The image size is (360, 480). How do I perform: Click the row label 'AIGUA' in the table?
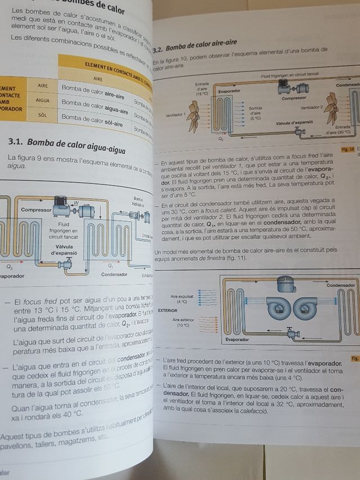pos(43,100)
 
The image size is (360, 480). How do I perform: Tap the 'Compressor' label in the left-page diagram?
pos(36,210)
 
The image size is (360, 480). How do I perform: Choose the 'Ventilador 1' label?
pos(175,114)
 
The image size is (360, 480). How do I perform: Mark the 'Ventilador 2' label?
pos(312,106)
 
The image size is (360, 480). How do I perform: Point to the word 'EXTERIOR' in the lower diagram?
pos(168,309)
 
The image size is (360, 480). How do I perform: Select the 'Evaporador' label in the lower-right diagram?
pos(237,339)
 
